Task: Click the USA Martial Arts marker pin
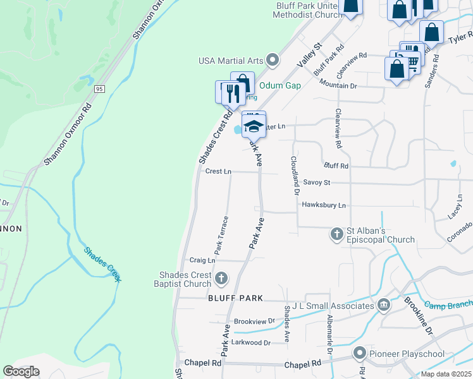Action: coord(273,61)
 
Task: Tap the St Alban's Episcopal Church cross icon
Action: coord(336,234)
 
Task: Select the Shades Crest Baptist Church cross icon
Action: coord(221,277)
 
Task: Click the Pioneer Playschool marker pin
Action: coord(360,353)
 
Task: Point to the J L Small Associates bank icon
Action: coord(384,306)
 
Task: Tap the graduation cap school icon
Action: coord(254,125)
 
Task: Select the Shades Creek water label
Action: coord(102,264)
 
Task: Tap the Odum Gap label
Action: coord(279,85)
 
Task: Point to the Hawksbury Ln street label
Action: coord(324,205)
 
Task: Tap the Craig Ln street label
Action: coord(202,260)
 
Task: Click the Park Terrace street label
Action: coord(221,235)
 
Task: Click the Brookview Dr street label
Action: coord(254,321)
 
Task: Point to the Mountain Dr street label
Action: coord(338,83)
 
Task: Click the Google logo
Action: coord(21,371)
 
